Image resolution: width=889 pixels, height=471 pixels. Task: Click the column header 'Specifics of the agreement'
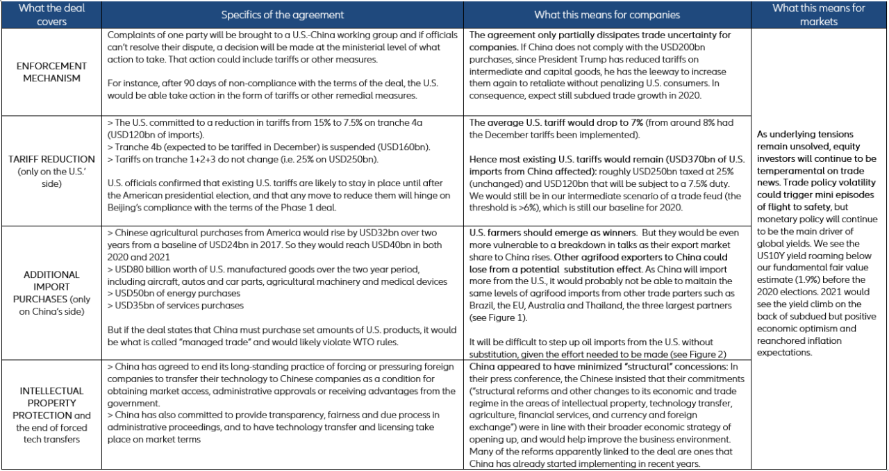click(283, 15)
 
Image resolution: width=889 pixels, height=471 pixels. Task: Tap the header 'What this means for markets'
click(819, 15)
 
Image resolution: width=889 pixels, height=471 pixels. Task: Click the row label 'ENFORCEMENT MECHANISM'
click(52, 72)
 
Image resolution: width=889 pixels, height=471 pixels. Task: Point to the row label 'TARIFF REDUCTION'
click(52, 159)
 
